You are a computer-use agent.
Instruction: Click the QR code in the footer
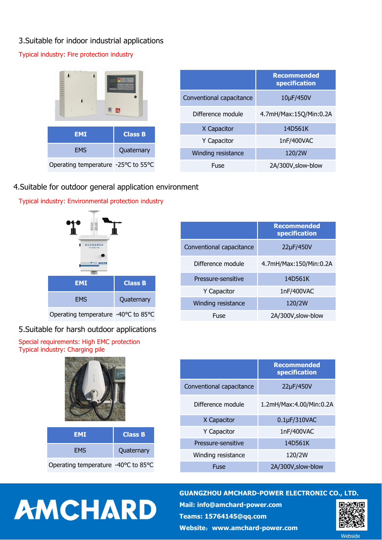(x=352, y=515)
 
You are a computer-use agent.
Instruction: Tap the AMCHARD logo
(x=85, y=510)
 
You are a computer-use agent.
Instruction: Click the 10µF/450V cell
(x=296, y=98)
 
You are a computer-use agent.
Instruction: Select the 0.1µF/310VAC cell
(x=297, y=420)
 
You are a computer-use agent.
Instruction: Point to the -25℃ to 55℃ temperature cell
(x=134, y=165)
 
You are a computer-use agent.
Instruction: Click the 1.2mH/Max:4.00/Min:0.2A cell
(x=297, y=404)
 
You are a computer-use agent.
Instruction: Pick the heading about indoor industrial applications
(x=91, y=41)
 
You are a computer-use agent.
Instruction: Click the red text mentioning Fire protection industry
(x=76, y=54)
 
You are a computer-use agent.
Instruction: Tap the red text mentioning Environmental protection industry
(x=91, y=201)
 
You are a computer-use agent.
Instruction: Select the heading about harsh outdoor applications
(x=87, y=329)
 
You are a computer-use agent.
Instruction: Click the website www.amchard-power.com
(x=255, y=528)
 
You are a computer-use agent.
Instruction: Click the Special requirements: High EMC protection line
(x=79, y=342)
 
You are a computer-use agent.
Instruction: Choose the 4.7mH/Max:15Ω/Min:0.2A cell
(x=296, y=114)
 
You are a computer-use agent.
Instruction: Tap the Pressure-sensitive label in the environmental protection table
(x=219, y=279)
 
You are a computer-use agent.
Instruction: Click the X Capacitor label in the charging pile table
(x=219, y=420)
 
